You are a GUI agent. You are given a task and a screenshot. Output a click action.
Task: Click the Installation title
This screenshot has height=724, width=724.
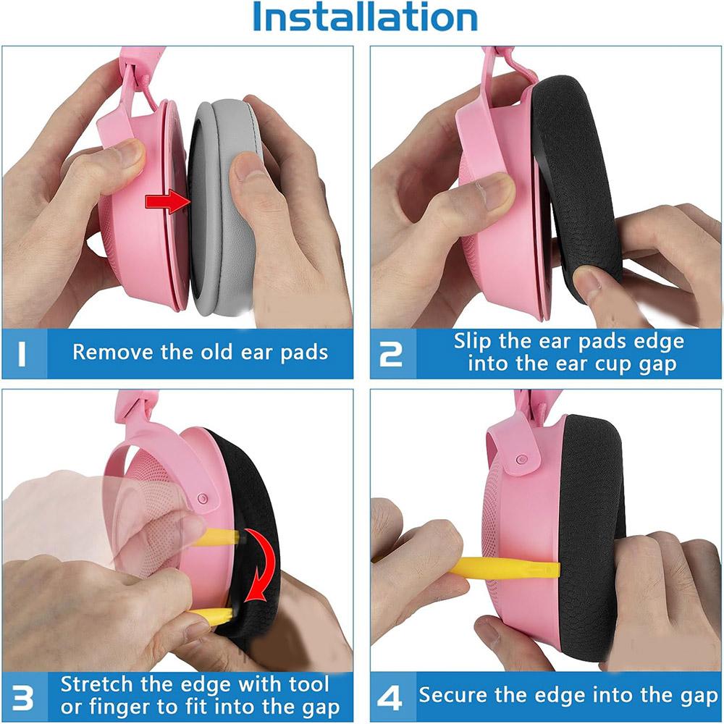365,17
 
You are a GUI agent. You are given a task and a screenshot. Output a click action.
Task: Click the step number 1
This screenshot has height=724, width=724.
22,354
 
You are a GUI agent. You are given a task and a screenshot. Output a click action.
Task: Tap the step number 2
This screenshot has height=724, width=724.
391,354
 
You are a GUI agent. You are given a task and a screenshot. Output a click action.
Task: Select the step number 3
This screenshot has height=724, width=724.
22,698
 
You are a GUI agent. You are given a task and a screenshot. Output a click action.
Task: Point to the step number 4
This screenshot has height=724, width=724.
390,698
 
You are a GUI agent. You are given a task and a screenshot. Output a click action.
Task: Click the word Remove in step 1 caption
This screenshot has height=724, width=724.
113,353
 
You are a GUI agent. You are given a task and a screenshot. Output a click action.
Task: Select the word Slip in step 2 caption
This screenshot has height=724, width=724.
473,342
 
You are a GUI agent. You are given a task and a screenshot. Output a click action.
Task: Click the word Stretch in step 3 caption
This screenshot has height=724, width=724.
96,684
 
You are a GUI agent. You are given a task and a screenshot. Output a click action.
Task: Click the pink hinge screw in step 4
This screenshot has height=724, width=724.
522,459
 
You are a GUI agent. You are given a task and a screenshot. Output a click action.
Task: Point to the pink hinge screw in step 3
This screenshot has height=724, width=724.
202,498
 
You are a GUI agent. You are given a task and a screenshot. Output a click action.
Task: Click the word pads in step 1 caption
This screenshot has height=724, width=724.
304,353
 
